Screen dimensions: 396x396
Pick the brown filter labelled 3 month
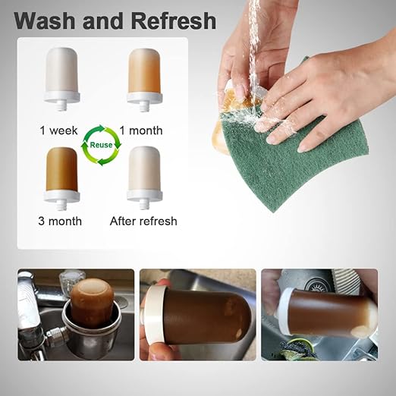[61, 168]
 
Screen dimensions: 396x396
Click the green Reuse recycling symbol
[102, 146]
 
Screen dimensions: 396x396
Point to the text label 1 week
[59, 130]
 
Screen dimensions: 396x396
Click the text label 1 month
[141, 130]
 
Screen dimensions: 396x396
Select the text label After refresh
[143, 222]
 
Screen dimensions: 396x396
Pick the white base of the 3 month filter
[61, 196]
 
